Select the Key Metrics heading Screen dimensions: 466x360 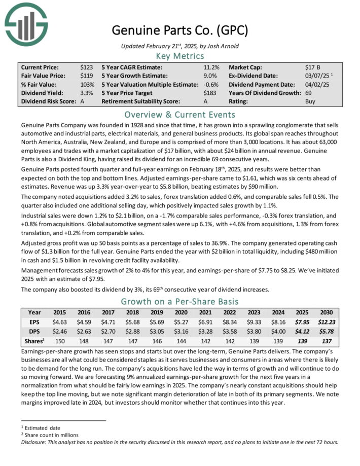180,56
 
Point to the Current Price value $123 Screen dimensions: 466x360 86,67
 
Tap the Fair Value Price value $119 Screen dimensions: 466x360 86,76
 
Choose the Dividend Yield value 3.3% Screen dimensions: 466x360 86,93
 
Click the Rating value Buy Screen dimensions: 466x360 310,102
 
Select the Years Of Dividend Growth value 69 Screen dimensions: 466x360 308,93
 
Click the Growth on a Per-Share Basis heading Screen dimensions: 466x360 180,302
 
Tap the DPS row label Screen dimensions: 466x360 34,331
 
